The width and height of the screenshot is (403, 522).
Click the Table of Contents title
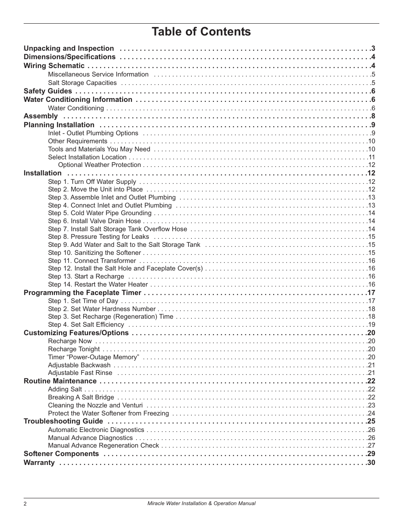(x=201, y=32)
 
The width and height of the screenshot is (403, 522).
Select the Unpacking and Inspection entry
(x=69, y=49)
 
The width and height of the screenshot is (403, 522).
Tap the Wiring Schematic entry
(x=54, y=66)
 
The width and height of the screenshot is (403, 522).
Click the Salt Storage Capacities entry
(x=82, y=83)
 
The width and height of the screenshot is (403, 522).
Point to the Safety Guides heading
(x=48, y=91)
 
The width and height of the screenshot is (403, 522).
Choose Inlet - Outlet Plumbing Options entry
(x=93, y=133)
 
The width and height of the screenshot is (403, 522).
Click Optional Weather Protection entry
(x=99, y=165)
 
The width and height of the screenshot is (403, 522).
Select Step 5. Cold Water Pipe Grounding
(x=100, y=213)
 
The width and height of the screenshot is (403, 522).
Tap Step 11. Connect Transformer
(x=92, y=261)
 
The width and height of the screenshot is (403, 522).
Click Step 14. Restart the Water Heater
(x=98, y=284)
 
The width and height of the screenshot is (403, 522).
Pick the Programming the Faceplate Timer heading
(x=82, y=292)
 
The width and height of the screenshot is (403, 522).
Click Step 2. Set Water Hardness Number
(x=102, y=309)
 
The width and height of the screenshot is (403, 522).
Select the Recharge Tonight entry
(x=74, y=349)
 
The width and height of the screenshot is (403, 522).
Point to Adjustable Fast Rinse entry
(x=80, y=373)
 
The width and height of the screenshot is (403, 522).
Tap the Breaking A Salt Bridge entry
(x=81, y=397)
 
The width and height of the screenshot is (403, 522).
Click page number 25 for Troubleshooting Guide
(x=371, y=421)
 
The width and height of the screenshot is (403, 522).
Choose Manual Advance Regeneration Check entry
(x=103, y=445)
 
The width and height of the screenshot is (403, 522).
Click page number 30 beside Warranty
(x=371, y=463)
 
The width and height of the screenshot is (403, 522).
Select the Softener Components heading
(x=61, y=454)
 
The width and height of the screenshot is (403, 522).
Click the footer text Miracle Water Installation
(x=201, y=503)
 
